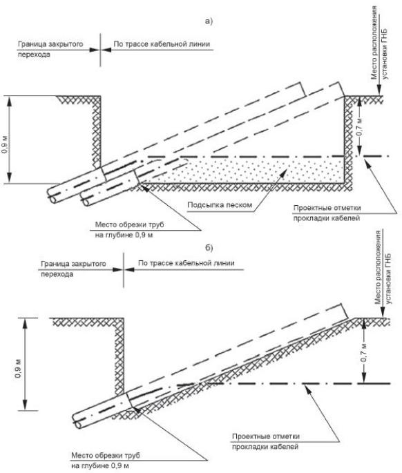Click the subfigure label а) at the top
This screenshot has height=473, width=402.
[209, 21]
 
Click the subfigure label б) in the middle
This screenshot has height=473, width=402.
[209, 248]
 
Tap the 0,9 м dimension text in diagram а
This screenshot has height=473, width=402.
[5, 145]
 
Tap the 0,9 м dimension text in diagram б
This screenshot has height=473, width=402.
[18, 369]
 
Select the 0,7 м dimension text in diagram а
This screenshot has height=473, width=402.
[359, 126]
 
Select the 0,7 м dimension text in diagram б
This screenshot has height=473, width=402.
[364, 352]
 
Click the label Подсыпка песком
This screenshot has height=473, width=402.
[220, 205]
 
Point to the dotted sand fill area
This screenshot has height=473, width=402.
[242, 171]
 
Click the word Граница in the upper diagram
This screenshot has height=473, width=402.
[30, 44]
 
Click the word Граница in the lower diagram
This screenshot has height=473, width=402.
[53, 264]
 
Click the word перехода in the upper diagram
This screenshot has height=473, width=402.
[34, 55]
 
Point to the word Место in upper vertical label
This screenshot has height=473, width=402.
[374, 70]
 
